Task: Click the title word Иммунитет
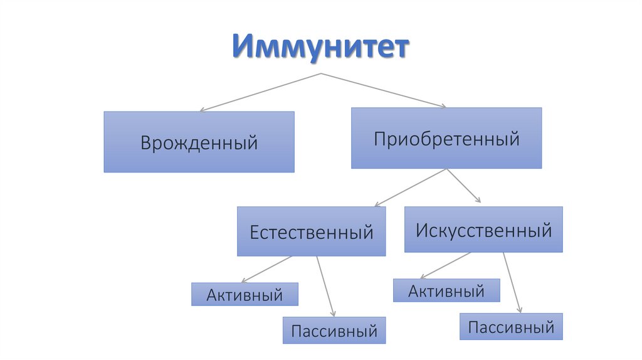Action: (320, 46)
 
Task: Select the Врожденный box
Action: (199, 142)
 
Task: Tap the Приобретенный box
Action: (446, 138)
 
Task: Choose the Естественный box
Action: (311, 231)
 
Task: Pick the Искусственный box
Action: (483, 230)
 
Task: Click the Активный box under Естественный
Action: (245, 294)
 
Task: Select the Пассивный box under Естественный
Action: (334, 330)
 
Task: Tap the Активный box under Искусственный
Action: (446, 290)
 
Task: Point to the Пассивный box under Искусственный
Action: (511, 326)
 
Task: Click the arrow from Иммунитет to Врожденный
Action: (260, 93)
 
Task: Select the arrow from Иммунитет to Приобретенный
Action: (384, 90)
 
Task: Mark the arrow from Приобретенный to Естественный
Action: (410, 188)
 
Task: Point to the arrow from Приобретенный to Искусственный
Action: (463, 186)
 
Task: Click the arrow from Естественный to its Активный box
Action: (266, 270)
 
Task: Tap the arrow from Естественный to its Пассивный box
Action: (326, 286)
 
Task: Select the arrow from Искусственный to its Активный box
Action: (446, 265)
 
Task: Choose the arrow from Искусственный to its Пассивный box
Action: (512, 283)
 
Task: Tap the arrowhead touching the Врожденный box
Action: (202, 109)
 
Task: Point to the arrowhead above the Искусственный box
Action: (478, 200)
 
